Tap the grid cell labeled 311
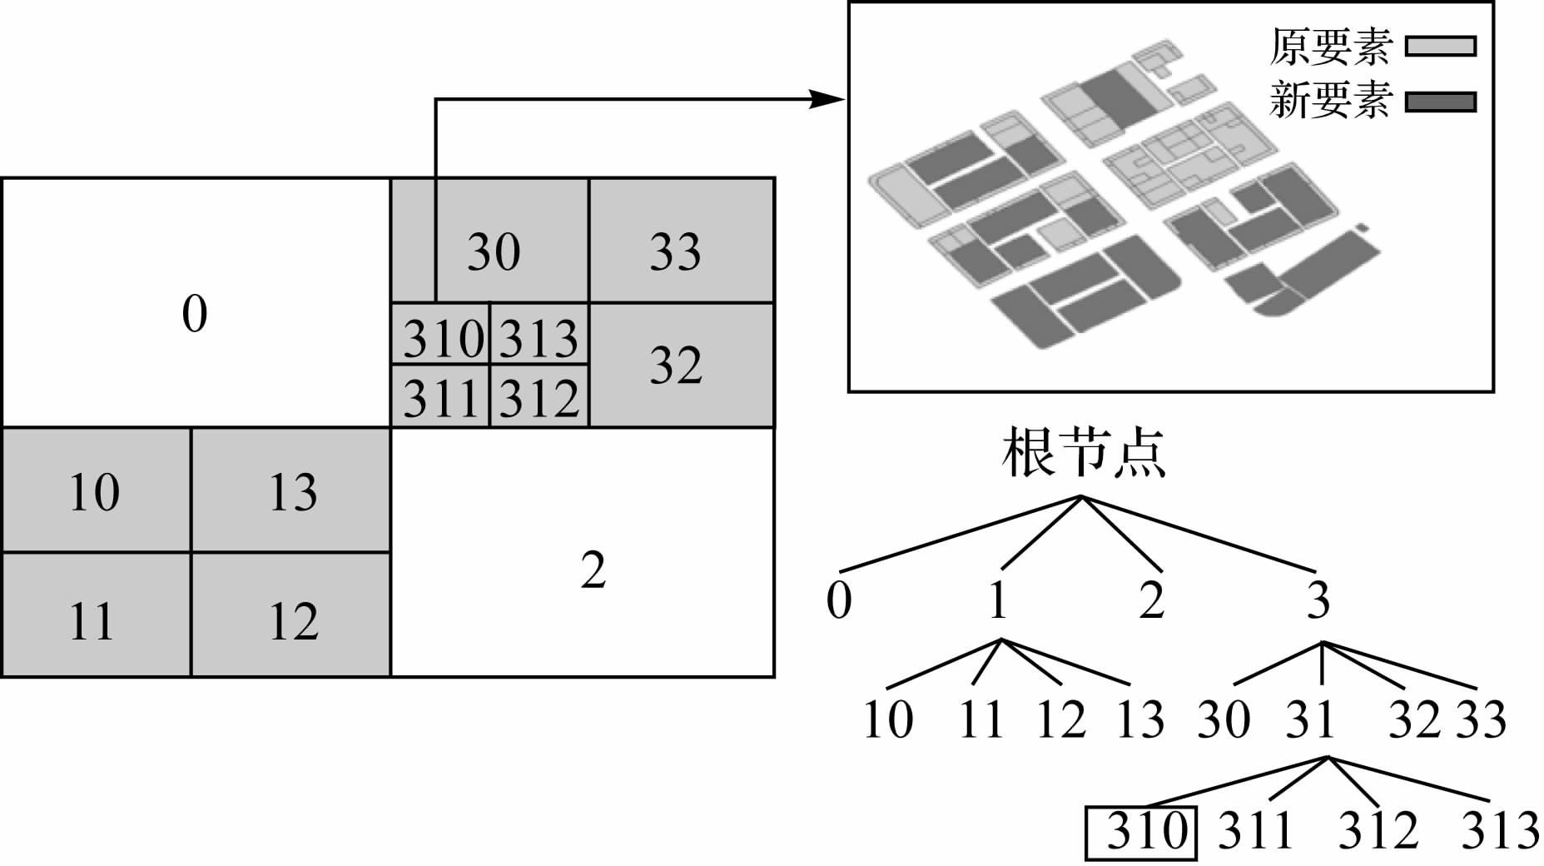[441, 396]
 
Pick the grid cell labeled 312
[539, 396]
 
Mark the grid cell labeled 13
[291, 490]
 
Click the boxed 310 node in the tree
[1141, 831]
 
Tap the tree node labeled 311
[1255, 830]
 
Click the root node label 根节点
[1082, 454]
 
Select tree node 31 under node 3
[1310, 719]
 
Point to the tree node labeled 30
[1224, 719]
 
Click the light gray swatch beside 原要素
[1440, 46]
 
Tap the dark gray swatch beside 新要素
[1440, 102]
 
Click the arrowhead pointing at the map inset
[828, 100]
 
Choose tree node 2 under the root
[1152, 600]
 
